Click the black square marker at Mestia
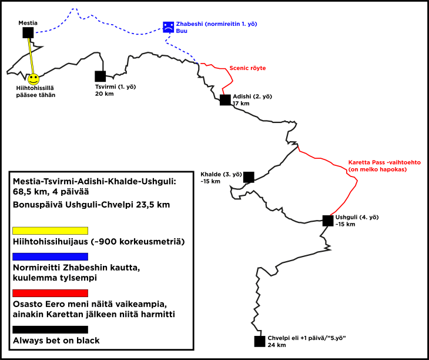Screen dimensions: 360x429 (x=28, y=32)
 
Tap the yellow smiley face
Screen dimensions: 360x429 (x=33, y=78)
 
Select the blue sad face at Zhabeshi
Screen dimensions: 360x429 (x=168, y=27)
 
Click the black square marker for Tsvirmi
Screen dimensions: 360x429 (x=100, y=76)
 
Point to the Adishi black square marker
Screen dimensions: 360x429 (x=225, y=100)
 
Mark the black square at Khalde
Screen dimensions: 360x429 (x=249, y=176)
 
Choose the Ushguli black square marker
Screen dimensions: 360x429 (x=328, y=221)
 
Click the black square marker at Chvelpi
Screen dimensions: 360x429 (x=259, y=341)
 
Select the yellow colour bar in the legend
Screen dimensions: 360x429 (x=50, y=230)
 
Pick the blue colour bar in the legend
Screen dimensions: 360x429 (x=50, y=256)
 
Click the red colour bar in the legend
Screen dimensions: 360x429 (x=50, y=293)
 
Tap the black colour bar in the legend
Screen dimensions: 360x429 (x=50, y=329)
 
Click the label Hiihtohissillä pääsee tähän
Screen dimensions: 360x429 (x=36, y=91)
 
